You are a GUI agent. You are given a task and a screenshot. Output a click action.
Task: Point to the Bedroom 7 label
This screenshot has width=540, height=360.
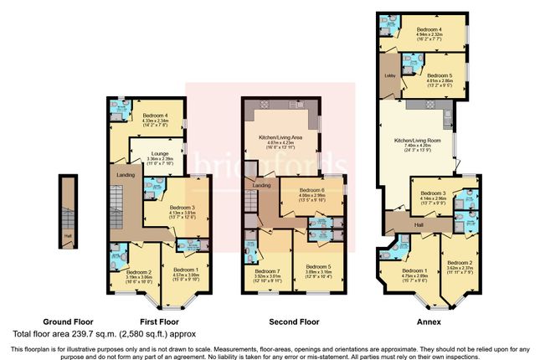point(268,271)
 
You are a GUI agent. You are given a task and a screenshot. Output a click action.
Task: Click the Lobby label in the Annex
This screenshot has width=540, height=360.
point(388,77)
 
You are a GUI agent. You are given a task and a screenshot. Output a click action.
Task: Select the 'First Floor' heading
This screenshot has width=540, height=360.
point(158,321)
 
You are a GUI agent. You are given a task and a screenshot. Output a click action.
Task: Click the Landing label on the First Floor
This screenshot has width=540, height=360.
point(125,174)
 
